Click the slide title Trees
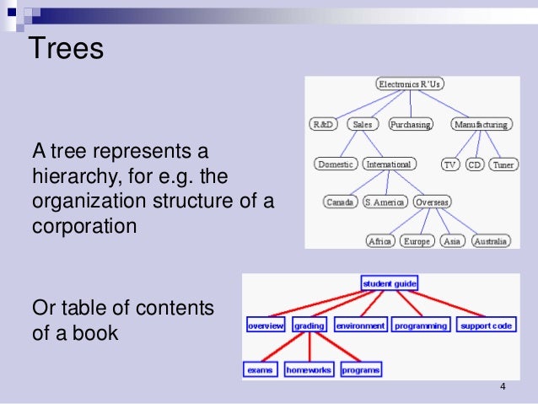point(67,48)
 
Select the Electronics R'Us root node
point(410,84)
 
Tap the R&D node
point(323,124)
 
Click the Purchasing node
point(410,124)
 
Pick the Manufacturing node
point(481,124)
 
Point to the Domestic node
point(336,164)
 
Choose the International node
point(389,164)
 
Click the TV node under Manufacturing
point(450,164)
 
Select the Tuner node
point(503,164)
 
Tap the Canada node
point(341,202)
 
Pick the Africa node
point(379,241)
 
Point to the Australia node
point(490,241)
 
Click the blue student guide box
point(389,284)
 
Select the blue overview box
point(266,325)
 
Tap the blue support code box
point(486,325)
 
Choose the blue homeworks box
point(309,369)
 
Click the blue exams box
point(260,369)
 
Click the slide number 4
point(503,387)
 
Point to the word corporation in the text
point(84,227)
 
